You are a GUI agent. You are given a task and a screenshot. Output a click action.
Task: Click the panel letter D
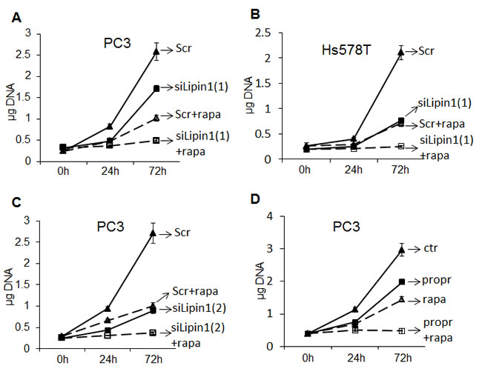coord(254,201)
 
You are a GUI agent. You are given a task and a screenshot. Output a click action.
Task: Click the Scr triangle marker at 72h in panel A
coord(156,50)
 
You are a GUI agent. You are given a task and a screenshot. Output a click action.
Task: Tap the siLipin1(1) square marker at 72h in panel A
coord(156,88)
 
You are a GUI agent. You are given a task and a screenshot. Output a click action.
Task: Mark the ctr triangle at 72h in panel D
coord(400,250)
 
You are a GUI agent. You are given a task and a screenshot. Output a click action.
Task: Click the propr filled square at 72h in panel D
coord(400,281)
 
